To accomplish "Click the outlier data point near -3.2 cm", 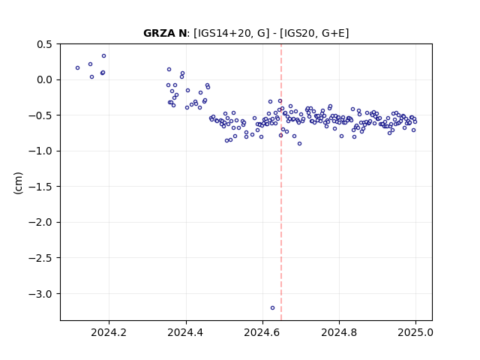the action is point(272,308).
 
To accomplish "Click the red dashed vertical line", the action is point(281,182).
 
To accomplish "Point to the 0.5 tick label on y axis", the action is point(45,44).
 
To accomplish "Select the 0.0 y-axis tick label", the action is point(45,80).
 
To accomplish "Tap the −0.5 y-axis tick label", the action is point(40,115).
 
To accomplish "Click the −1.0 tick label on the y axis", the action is point(40,151).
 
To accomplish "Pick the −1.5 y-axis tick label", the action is point(40,187).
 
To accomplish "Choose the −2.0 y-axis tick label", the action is point(40,223).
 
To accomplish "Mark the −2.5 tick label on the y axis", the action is point(40,258).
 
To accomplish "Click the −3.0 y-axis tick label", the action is point(40,294).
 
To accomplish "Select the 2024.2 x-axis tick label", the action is point(109,332).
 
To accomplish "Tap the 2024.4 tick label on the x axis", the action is point(185,332).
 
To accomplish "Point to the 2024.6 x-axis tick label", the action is point(262,332).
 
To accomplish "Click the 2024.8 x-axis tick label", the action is point(339,332).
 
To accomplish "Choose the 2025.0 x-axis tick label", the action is point(415,332).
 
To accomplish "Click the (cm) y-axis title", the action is point(18,183).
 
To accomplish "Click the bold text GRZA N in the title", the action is point(165,33).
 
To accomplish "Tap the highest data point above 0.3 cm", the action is point(103,56).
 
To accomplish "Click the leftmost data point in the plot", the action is point(77,68).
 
